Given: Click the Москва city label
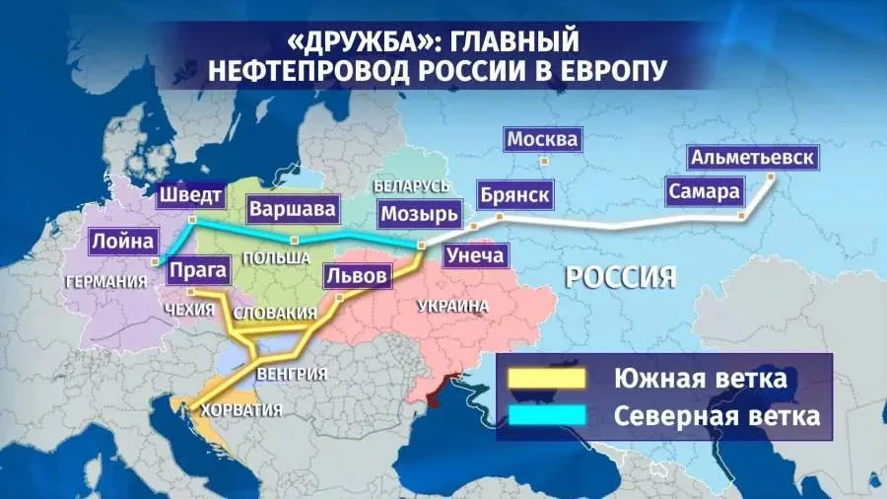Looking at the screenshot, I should pyautogui.click(x=542, y=140).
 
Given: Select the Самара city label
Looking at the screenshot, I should pyautogui.click(x=704, y=191).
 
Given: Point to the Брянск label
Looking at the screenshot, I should pyautogui.click(x=514, y=193).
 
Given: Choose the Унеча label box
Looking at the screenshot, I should pyautogui.click(x=476, y=256).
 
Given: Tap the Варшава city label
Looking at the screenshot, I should pyautogui.click(x=293, y=209).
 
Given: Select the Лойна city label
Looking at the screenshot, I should pyautogui.click(x=122, y=240).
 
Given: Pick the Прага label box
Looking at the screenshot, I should pyautogui.click(x=198, y=269).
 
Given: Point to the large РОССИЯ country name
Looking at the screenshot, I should pyautogui.click(x=620, y=276).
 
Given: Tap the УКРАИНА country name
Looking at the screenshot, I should pyautogui.click(x=452, y=307).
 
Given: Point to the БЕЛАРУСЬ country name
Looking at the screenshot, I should pyautogui.click(x=412, y=186).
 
